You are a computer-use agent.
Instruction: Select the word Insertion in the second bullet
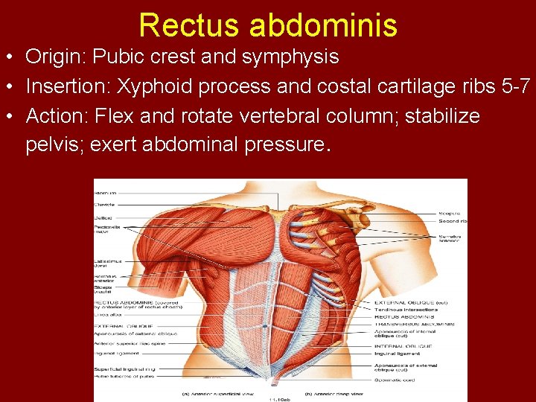[66, 86]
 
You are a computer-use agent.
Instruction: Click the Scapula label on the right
[448, 213]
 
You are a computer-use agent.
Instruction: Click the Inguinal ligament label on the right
[398, 354]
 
